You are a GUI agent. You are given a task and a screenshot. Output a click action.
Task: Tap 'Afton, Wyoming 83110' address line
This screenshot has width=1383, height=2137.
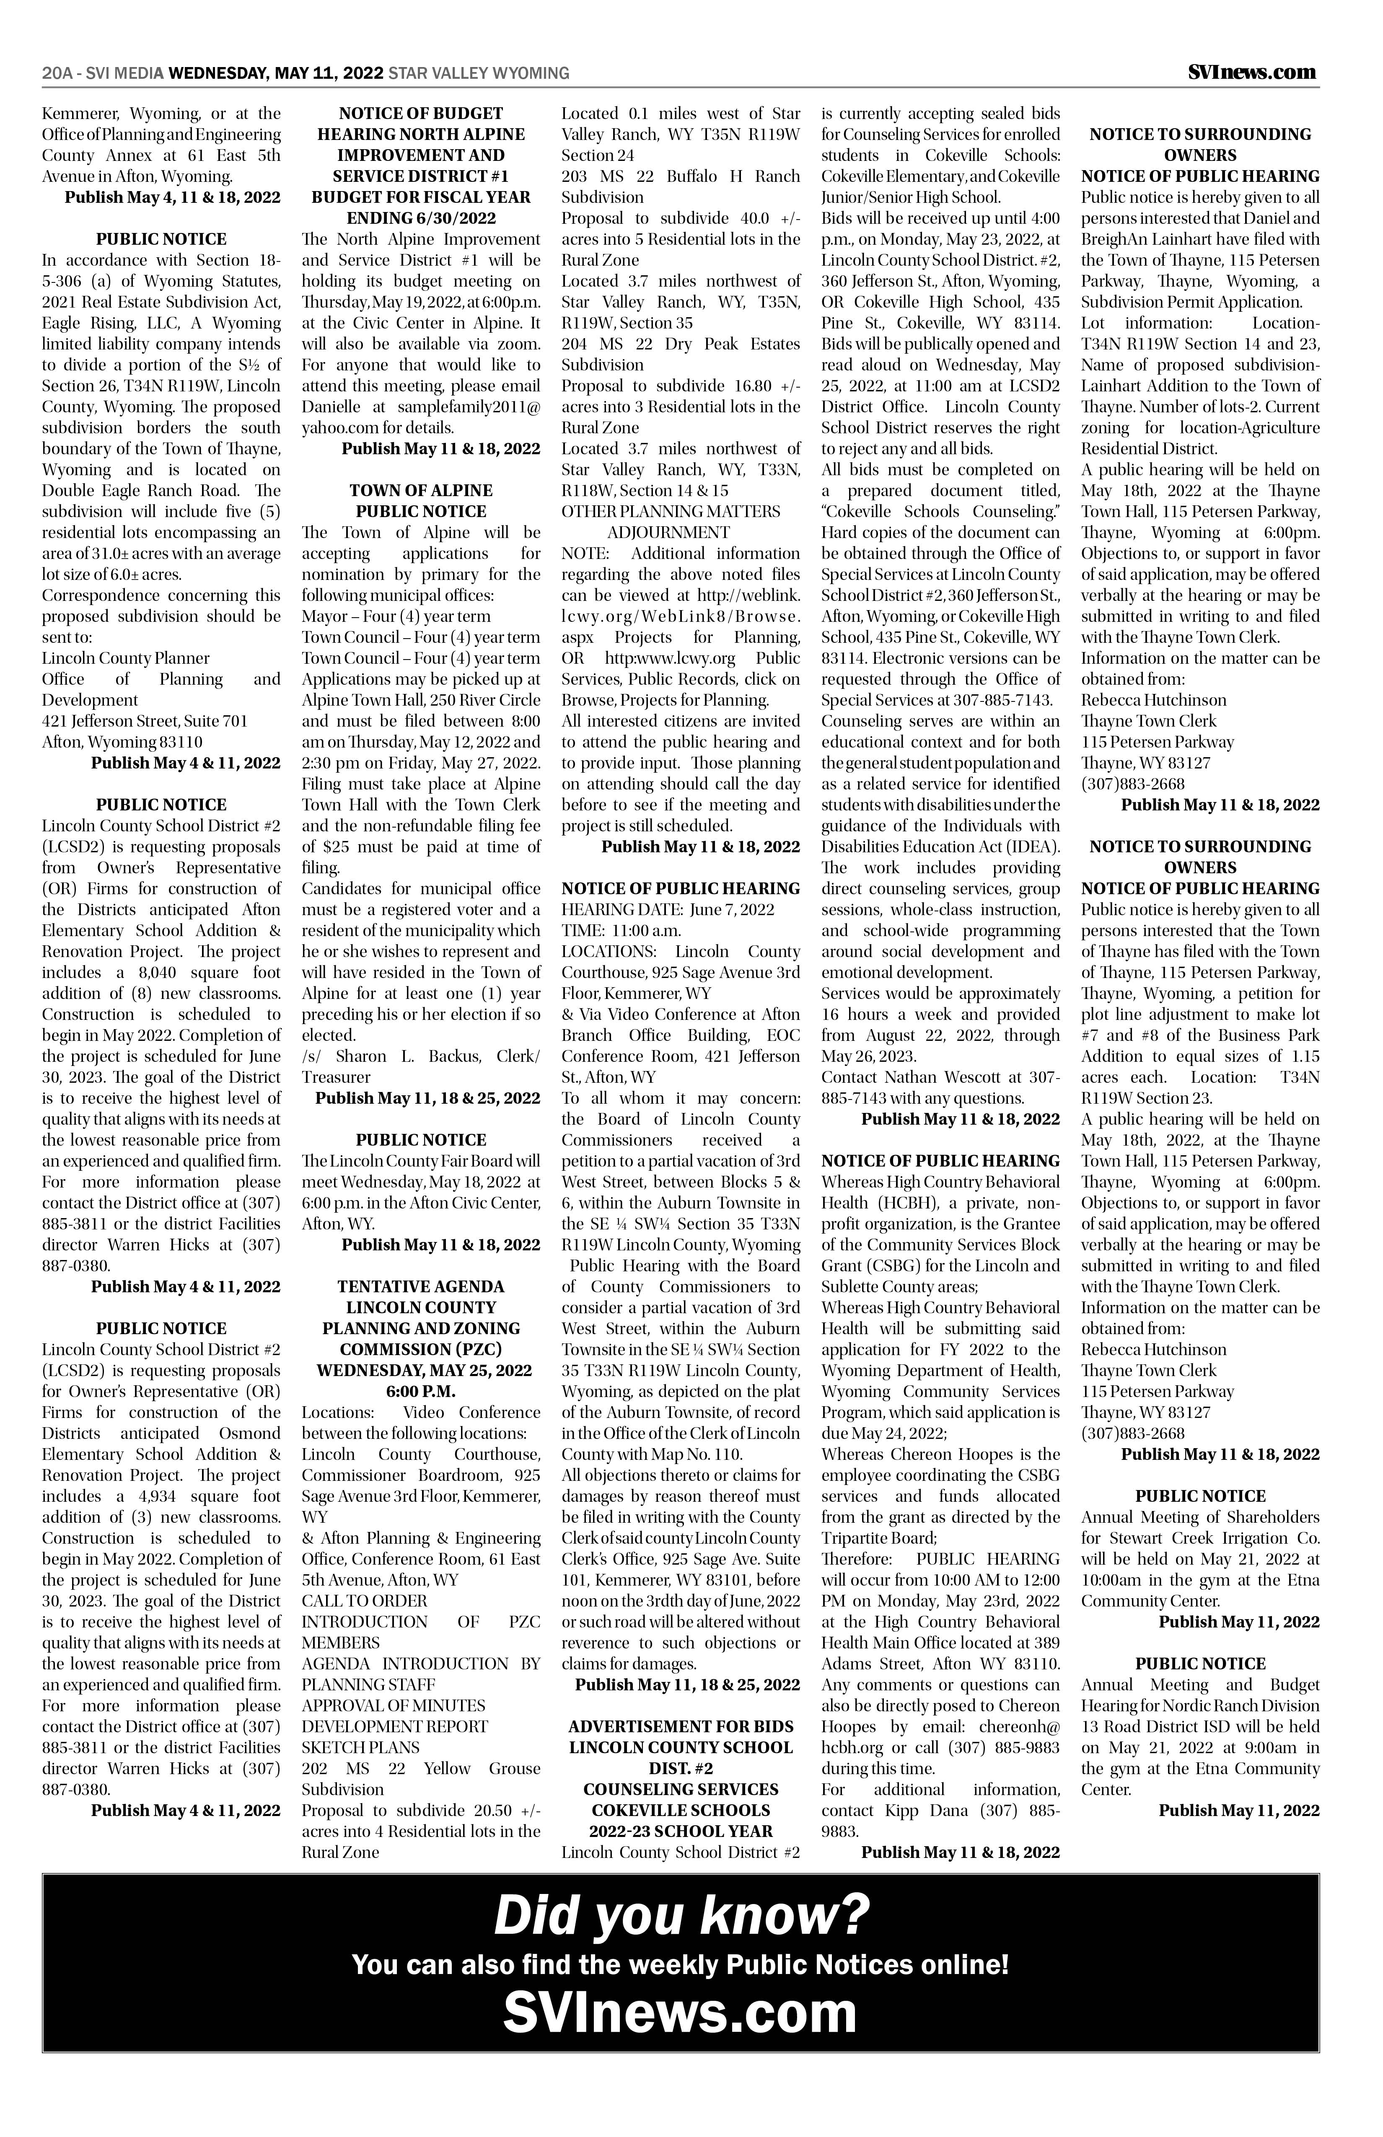(122, 742)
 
